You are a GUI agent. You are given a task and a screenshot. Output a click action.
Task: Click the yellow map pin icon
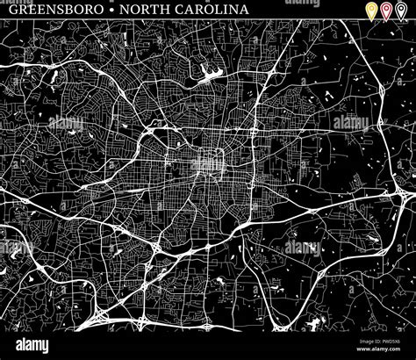click(372, 11)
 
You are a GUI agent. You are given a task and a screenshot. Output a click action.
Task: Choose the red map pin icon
click(386, 11)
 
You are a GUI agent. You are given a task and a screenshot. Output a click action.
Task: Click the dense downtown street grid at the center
click(208, 162)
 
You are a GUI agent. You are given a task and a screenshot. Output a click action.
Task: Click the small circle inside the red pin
click(386, 9)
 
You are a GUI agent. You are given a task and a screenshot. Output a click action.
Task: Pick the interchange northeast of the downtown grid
click(255, 132)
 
